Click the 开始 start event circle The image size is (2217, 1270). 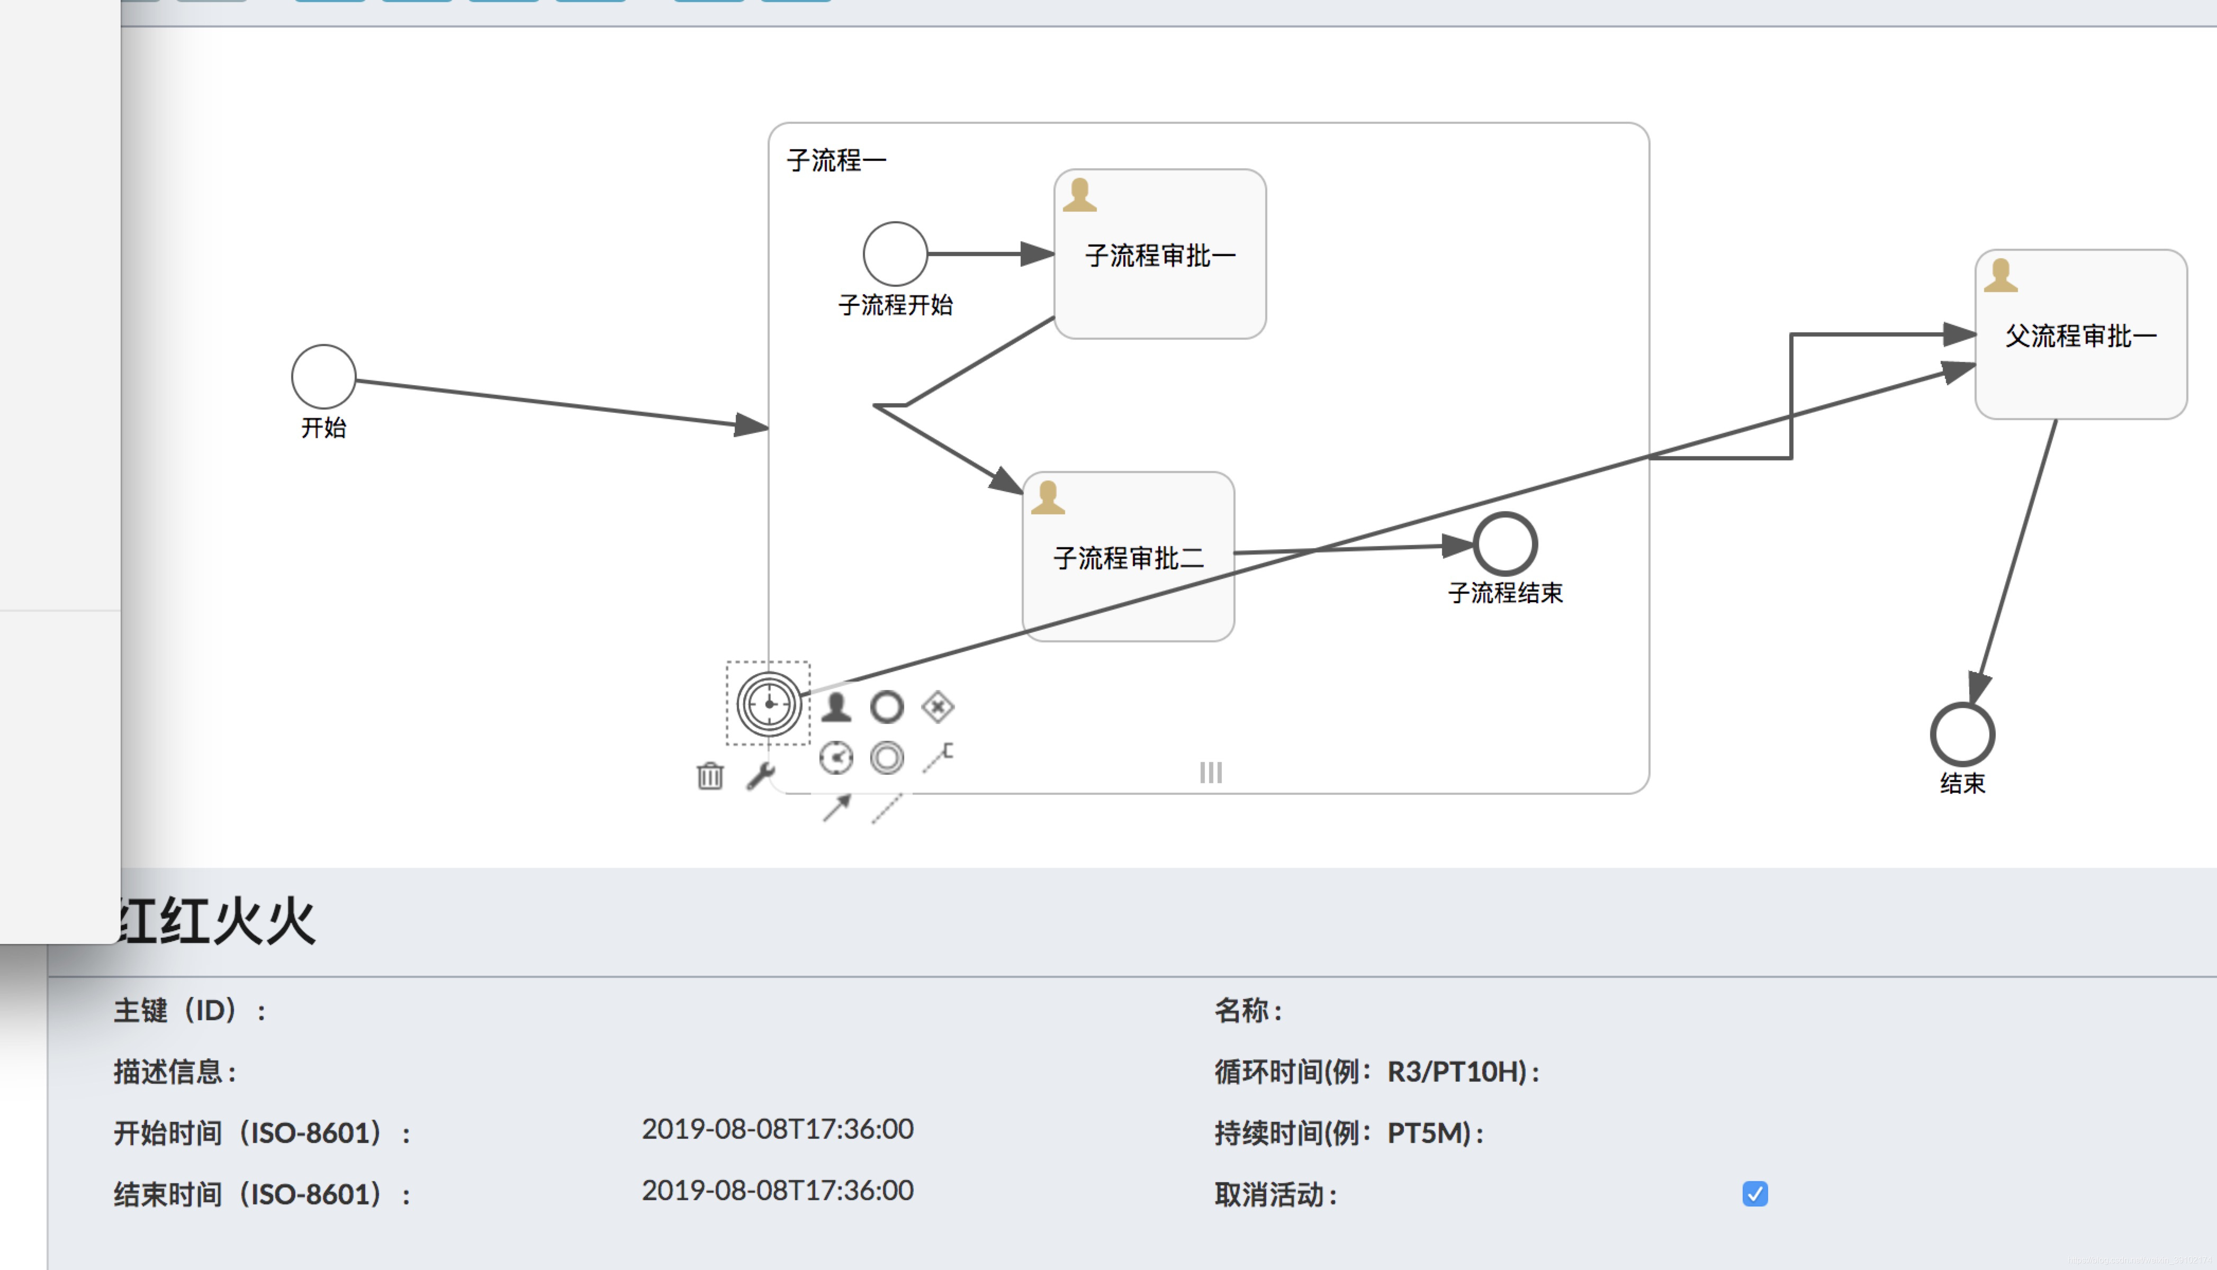[323, 377]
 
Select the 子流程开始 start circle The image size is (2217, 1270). [895, 254]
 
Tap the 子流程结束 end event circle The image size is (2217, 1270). [1505, 545]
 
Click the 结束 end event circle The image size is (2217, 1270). [1962, 734]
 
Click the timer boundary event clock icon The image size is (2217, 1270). [769, 704]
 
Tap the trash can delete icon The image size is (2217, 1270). [710, 775]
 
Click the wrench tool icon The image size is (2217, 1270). [761, 775]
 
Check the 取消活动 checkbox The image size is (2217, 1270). [1754, 1193]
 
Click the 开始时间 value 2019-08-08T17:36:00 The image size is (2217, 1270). [778, 1130]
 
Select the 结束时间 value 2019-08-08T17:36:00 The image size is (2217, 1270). [778, 1191]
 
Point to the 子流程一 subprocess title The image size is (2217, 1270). [836, 160]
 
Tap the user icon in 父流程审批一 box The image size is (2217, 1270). [2000, 276]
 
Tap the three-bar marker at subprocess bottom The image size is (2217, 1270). [1210, 772]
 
